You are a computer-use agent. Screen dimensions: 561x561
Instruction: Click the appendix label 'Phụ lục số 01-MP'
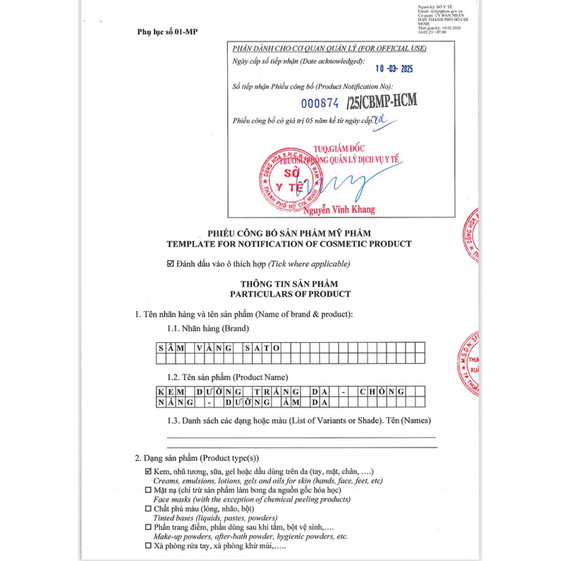tap(167, 32)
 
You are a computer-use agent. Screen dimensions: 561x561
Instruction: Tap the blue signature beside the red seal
tap(344, 184)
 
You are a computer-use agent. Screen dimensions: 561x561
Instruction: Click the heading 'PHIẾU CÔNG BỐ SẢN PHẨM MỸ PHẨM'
tap(289, 233)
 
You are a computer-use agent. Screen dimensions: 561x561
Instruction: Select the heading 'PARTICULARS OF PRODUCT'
tap(289, 294)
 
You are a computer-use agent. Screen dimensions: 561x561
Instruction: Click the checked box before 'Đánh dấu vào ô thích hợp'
tap(170, 264)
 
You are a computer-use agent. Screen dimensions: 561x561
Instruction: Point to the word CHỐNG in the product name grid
tap(381, 391)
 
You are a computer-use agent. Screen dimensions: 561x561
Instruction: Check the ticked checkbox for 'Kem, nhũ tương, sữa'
tap(148, 472)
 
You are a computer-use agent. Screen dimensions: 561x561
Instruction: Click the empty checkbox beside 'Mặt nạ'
tap(148, 490)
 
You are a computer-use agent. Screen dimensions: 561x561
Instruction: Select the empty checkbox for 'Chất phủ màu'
tap(148, 508)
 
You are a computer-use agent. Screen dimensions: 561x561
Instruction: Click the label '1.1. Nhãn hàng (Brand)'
tap(208, 328)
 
